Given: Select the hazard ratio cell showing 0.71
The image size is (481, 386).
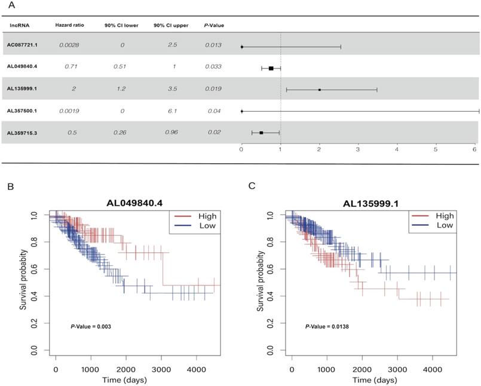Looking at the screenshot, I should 71,66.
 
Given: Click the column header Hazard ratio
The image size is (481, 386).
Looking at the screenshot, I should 69,26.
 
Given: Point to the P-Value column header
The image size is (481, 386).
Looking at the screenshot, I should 213,26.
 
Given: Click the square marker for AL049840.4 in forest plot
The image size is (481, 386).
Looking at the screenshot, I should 271,68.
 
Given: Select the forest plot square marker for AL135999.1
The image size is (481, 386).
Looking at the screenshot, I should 319,90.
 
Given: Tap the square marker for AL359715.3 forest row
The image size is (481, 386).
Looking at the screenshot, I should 261,133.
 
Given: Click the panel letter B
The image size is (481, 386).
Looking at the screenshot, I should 10,186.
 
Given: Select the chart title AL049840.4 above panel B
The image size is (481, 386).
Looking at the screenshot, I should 136,203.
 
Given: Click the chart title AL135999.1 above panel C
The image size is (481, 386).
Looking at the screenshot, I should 372,203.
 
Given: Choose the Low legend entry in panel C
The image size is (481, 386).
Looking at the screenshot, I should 442,225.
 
